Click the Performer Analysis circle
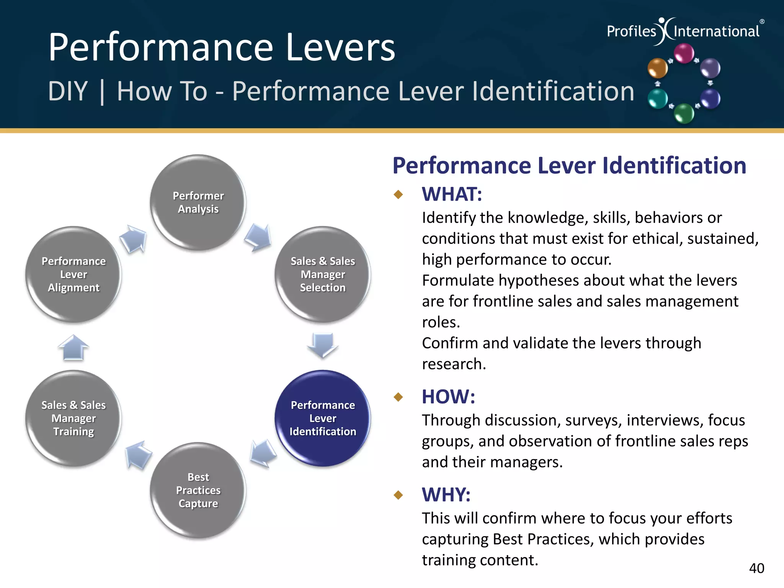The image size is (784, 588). coord(198,203)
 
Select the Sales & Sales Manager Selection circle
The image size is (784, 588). coord(322,274)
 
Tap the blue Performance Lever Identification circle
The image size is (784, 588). coord(322,418)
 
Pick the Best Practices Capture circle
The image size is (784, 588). coord(198,490)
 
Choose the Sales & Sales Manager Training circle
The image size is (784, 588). coord(73,418)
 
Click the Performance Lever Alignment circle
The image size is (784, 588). coord(73,274)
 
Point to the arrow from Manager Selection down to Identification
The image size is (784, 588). coord(322,345)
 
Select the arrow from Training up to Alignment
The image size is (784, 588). coord(73,347)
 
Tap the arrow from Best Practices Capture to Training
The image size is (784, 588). coord(138,454)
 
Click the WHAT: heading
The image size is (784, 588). coord(452,194)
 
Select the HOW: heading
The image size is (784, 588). coord(448,397)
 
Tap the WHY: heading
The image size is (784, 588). coord(446,495)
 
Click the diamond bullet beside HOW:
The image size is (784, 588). coord(399,397)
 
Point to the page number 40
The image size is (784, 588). coord(756,568)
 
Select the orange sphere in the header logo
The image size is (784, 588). coord(657,68)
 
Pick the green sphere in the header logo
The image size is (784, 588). coord(684,113)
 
